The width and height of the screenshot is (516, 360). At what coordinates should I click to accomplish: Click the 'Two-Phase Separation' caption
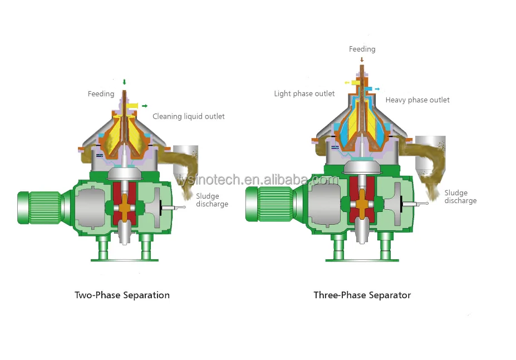[x=122, y=295]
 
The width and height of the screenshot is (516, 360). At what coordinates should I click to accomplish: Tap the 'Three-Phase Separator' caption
[x=362, y=295]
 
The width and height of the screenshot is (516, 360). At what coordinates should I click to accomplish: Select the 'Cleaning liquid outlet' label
[x=189, y=116]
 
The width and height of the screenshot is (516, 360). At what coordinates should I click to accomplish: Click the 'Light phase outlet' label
[x=304, y=93]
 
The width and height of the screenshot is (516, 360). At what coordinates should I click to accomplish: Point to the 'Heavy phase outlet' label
[x=417, y=100]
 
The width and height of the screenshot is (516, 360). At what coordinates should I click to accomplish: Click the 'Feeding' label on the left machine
[x=101, y=94]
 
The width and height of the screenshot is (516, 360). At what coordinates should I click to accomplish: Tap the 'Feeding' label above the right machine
[x=362, y=49]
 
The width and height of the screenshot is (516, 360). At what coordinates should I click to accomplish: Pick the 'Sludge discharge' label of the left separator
[x=212, y=200]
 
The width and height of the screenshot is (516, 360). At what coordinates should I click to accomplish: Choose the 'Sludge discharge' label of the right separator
[x=460, y=196]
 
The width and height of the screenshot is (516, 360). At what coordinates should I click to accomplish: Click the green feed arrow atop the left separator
[x=124, y=83]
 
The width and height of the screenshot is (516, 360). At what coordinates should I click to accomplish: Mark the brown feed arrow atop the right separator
[x=362, y=59]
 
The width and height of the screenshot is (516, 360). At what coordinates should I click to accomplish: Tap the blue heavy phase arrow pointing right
[x=377, y=88]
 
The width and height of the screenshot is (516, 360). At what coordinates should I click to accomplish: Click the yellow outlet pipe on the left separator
[x=133, y=105]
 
